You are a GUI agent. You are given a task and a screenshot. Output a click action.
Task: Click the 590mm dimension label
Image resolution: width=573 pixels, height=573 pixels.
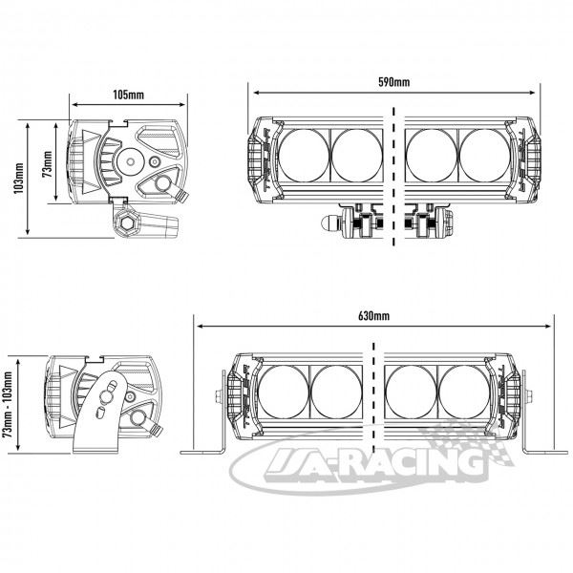[x=393, y=82]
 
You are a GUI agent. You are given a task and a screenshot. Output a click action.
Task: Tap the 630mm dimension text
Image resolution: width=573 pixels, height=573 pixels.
[x=373, y=316]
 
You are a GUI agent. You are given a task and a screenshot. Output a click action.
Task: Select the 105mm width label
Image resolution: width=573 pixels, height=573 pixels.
[x=128, y=95]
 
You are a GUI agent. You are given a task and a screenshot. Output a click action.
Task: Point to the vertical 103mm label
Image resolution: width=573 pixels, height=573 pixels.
[x=20, y=178]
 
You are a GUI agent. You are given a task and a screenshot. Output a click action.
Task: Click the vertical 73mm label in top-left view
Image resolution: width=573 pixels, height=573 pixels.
[x=47, y=164]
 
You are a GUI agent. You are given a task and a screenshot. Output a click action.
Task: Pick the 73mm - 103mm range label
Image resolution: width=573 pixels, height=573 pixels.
[x=8, y=405]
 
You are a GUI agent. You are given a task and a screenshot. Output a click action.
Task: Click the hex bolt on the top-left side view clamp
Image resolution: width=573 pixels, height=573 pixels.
[x=127, y=223]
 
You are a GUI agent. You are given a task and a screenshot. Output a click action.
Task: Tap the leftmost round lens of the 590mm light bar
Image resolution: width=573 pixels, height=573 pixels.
[x=304, y=156]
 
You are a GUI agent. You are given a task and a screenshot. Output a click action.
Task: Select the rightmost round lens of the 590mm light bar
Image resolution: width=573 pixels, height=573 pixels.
[x=484, y=156]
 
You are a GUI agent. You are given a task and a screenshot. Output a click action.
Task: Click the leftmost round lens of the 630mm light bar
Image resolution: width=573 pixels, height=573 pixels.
[x=284, y=392]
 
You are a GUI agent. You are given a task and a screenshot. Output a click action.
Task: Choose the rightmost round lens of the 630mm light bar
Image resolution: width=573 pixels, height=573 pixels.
[x=464, y=392]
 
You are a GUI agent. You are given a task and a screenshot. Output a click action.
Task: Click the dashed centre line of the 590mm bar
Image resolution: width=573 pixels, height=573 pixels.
[x=393, y=177]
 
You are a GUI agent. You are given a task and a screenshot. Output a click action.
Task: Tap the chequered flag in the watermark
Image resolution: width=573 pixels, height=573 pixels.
[x=472, y=444]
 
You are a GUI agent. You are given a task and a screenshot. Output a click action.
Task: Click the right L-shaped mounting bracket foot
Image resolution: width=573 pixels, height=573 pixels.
[x=544, y=453]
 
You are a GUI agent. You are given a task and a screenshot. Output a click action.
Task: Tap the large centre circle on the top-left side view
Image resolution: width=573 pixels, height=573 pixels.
[x=130, y=161]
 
